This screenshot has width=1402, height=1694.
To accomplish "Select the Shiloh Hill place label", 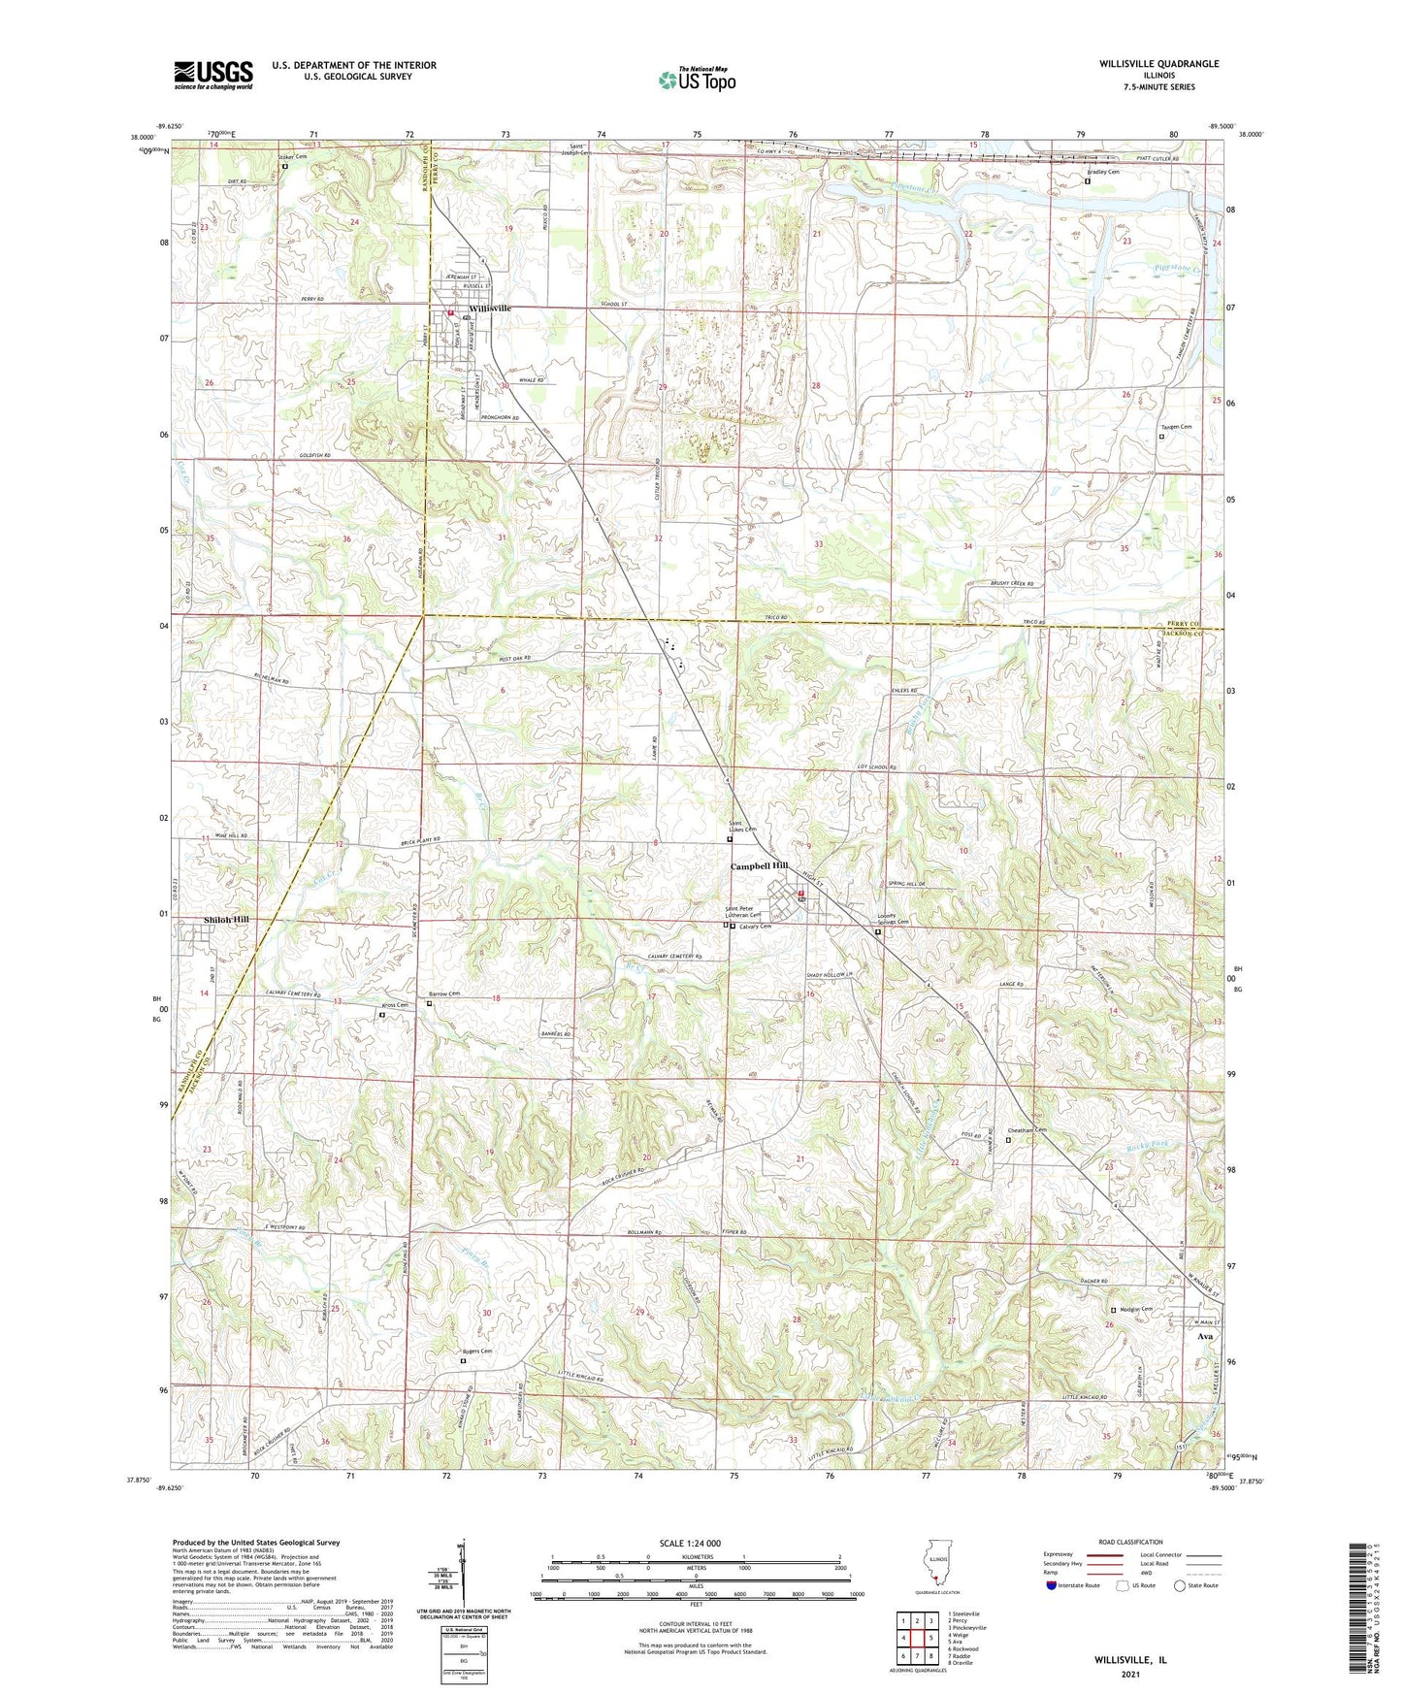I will click(225, 919).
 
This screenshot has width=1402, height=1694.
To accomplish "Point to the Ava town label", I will click(1205, 1336).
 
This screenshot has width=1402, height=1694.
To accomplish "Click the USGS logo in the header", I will click(213, 75).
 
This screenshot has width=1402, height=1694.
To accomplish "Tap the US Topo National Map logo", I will click(697, 80).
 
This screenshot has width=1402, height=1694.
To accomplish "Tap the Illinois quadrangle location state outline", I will click(933, 1568).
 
